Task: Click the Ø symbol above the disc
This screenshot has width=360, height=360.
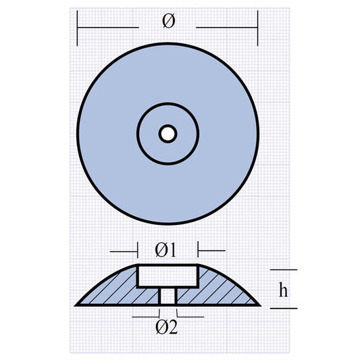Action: [168, 22]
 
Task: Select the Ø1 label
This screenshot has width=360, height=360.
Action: [165, 250]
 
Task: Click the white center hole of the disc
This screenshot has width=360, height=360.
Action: [168, 134]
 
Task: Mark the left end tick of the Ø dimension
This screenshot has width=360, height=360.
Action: [78, 28]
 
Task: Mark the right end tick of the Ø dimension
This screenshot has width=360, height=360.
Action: [257, 28]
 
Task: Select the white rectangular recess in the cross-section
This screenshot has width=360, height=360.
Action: [168, 276]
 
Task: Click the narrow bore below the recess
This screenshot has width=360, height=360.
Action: [168, 296]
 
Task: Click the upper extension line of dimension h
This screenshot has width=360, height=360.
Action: [283, 269]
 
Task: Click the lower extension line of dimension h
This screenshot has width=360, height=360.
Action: [283, 309]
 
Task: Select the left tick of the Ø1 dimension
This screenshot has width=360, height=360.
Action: [138, 250]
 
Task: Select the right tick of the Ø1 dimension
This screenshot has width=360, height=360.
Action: [198, 250]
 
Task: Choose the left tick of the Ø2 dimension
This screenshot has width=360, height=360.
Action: [159, 314]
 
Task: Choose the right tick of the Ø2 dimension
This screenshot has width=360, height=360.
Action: [176, 314]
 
